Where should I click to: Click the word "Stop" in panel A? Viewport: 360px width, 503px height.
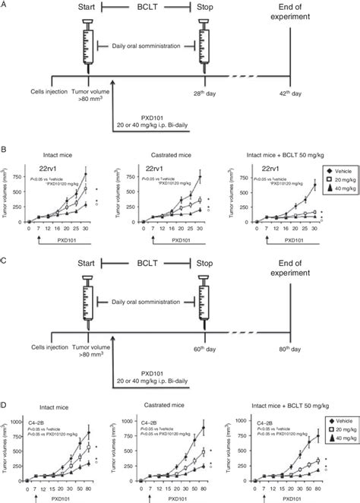tap(207, 9)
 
